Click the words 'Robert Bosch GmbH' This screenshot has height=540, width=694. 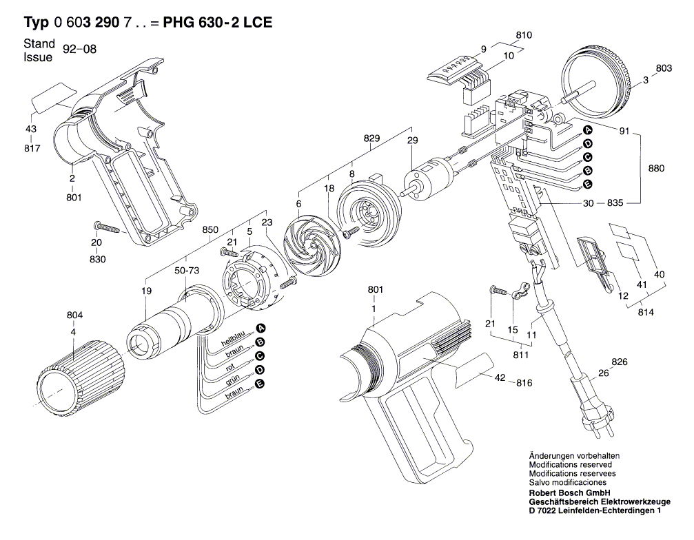[x=567, y=494]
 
